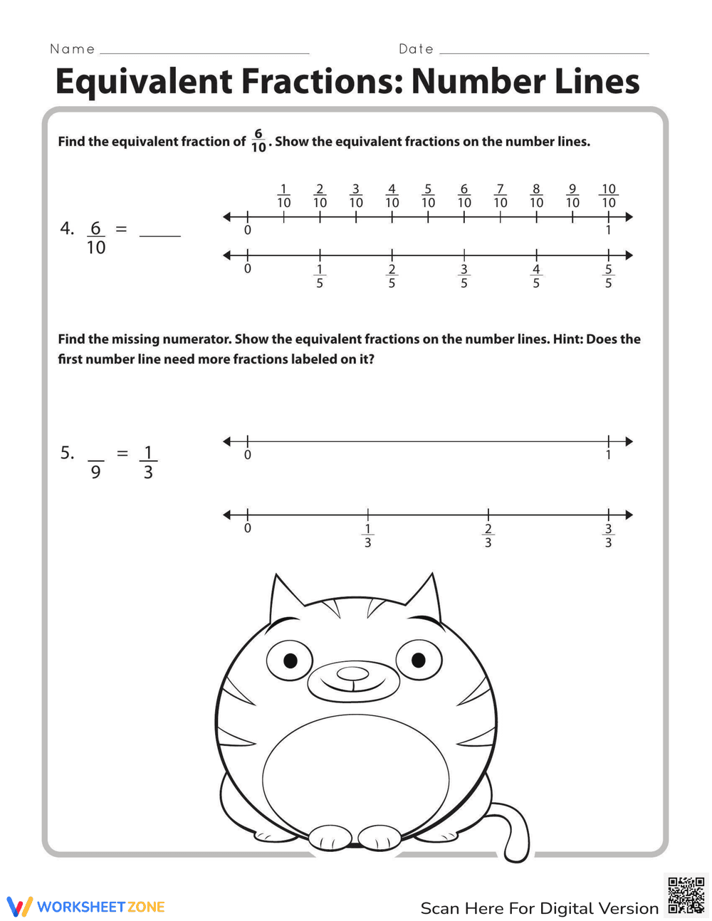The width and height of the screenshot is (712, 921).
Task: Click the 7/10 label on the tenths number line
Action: (x=501, y=196)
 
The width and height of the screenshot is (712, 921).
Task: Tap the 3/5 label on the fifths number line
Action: (x=464, y=276)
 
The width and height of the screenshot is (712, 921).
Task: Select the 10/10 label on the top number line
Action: (x=608, y=196)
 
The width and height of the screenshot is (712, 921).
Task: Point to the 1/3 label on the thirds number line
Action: (x=367, y=536)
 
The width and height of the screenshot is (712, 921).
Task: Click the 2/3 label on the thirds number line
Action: (x=488, y=536)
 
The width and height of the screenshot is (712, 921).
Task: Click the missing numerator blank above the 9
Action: (x=95, y=453)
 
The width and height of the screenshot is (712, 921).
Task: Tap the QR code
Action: (x=686, y=895)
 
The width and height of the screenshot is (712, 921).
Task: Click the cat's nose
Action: (x=352, y=673)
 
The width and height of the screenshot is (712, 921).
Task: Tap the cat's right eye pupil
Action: (x=418, y=660)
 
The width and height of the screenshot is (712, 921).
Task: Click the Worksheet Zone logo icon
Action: (x=19, y=906)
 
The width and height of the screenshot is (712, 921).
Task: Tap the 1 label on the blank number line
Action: (x=608, y=455)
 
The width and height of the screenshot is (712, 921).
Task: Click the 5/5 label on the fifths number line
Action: (x=608, y=276)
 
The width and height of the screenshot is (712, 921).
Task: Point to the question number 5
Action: (x=67, y=453)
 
